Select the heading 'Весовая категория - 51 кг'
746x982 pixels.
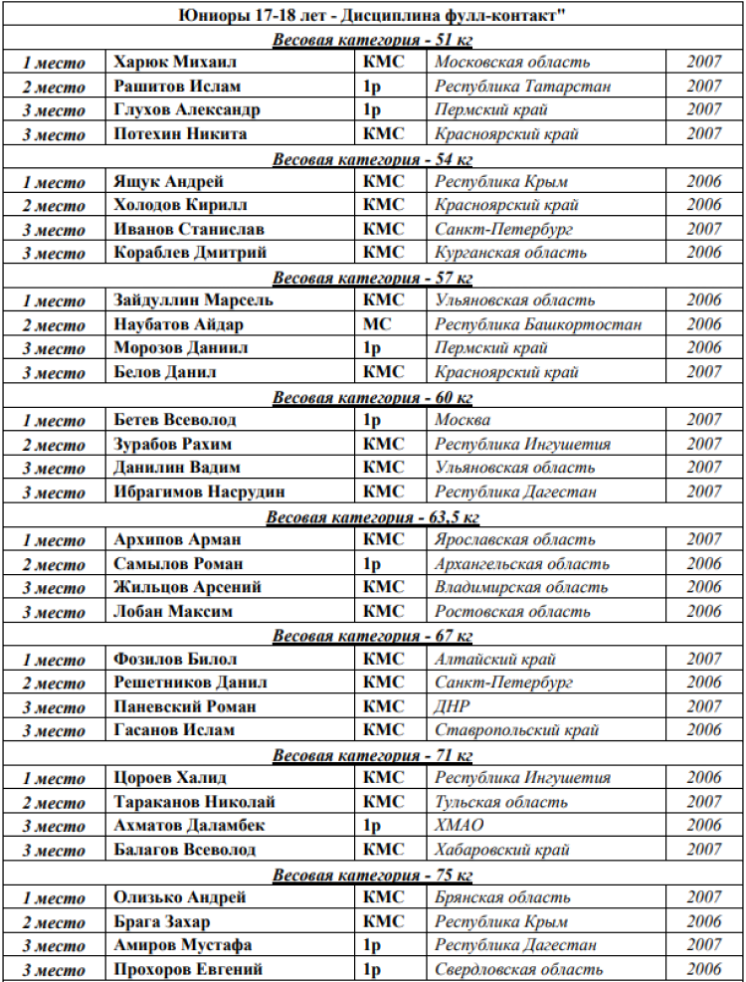[x=372, y=39]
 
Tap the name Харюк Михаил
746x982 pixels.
[x=176, y=63]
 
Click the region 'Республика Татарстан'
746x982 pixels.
[x=522, y=87]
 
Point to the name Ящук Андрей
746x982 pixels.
[x=169, y=182]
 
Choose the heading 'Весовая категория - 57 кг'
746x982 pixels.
[x=372, y=278]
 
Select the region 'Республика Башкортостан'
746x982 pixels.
[x=538, y=324]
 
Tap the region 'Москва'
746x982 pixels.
[x=463, y=420]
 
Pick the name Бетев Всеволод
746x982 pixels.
[x=174, y=420]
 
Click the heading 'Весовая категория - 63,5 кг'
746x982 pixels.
[x=372, y=516]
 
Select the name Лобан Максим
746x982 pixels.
[x=167, y=611]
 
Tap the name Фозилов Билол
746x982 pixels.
[x=175, y=659]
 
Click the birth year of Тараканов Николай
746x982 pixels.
[x=703, y=802]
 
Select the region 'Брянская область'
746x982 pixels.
[x=502, y=897]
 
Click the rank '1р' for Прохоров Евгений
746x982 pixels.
[x=373, y=969]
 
